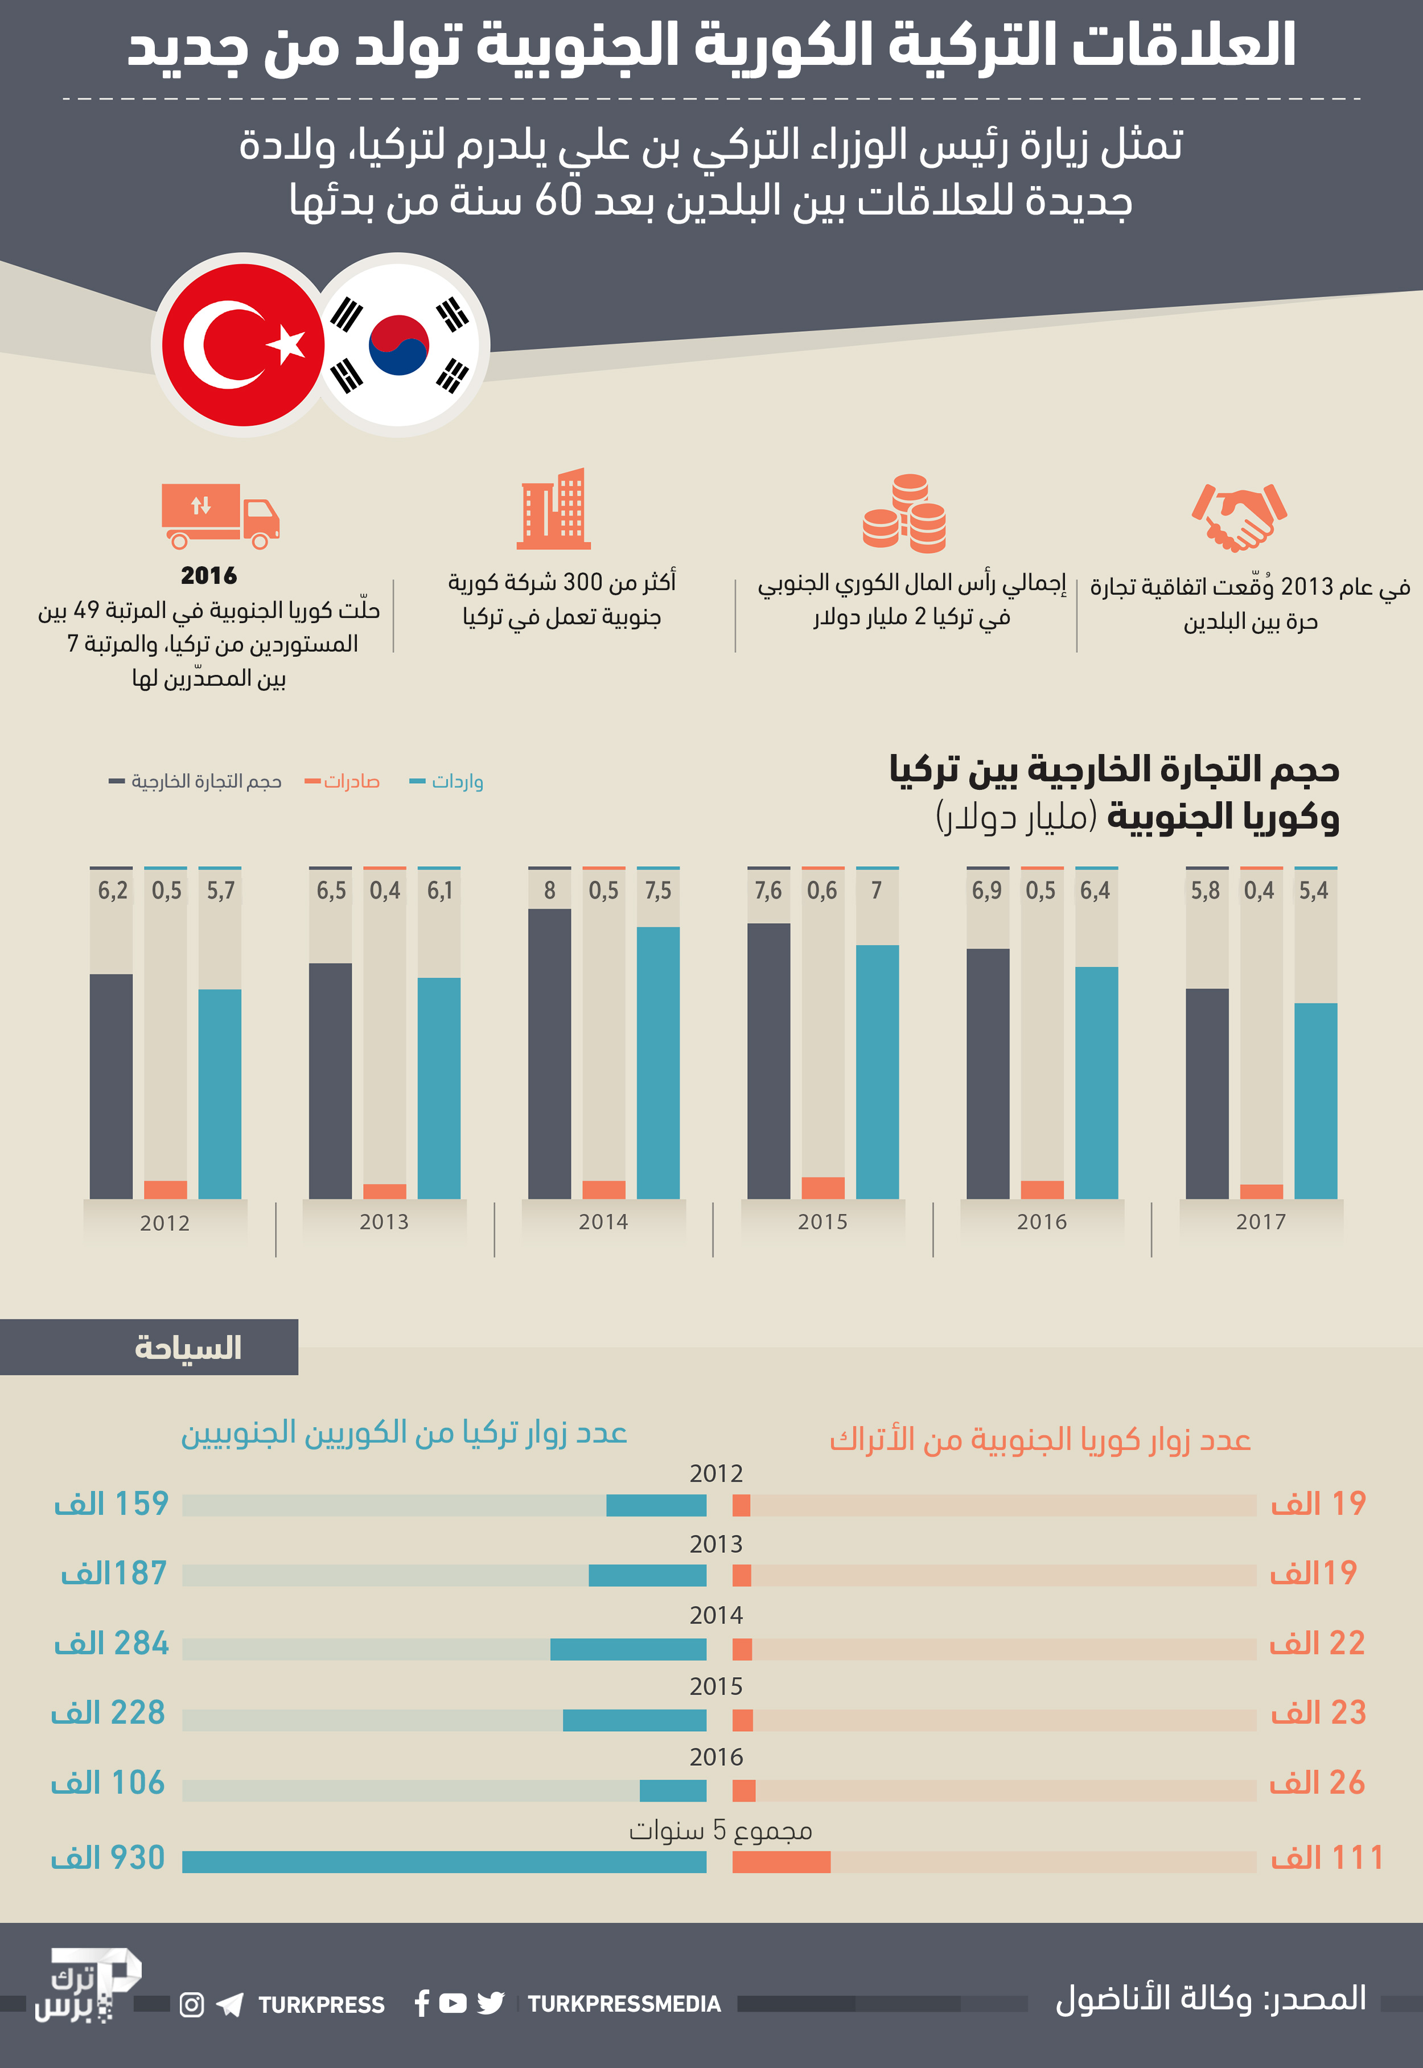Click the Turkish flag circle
click(242, 345)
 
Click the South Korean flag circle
click(398, 345)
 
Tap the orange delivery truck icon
click(219, 515)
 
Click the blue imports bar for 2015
click(877, 1070)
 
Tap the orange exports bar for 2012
click(166, 1189)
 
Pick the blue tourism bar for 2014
click(628, 1649)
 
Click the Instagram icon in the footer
click(192, 2005)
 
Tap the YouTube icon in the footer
click(453, 2004)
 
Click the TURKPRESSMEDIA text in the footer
click(624, 2004)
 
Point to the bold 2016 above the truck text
click(209, 576)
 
